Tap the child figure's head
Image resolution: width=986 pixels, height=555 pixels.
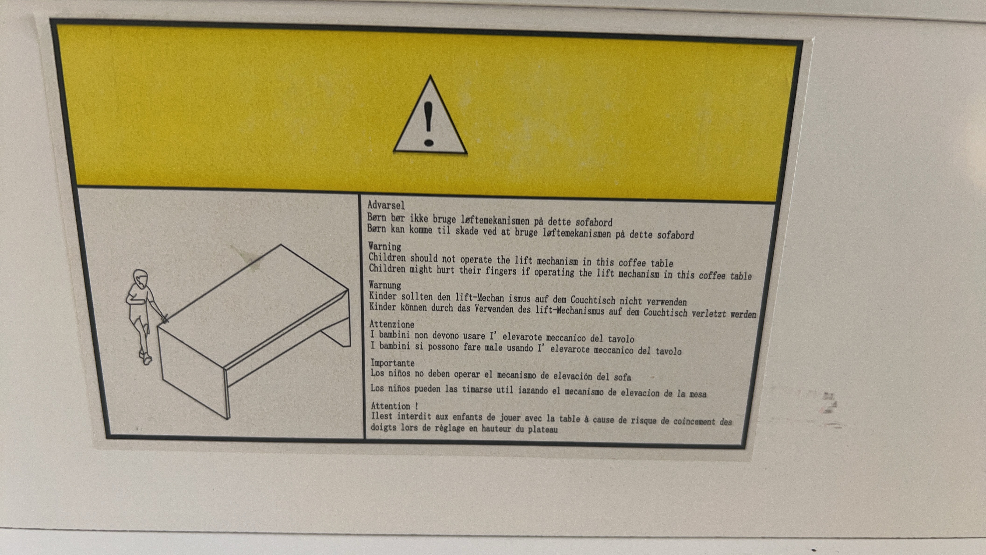coord(141,278)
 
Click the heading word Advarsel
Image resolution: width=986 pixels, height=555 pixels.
coord(386,205)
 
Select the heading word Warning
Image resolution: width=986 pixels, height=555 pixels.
coord(385,246)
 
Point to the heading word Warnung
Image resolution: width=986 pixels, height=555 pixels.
coord(385,285)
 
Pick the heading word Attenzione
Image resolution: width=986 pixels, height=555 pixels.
coord(391,324)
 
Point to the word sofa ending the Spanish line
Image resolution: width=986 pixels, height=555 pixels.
coord(622,377)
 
